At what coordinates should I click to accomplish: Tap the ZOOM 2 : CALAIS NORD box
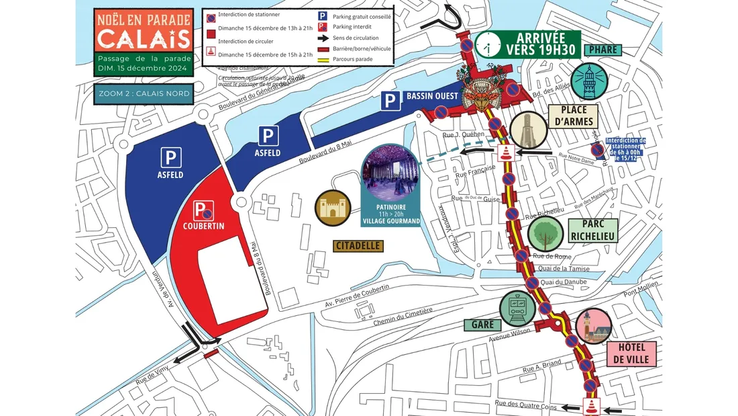click(x=143, y=93)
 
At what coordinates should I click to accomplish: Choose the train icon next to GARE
click(x=518, y=309)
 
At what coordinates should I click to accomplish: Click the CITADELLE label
click(x=358, y=246)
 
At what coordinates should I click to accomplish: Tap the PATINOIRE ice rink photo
click(x=391, y=171)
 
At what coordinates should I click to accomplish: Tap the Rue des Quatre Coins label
click(x=525, y=405)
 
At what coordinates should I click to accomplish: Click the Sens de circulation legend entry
click(x=356, y=38)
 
